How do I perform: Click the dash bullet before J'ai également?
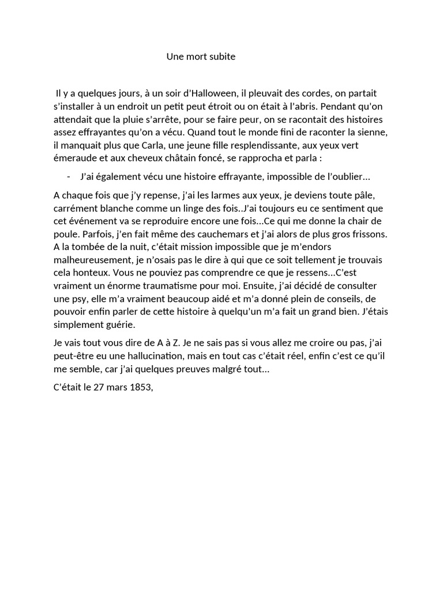[x=69, y=176]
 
